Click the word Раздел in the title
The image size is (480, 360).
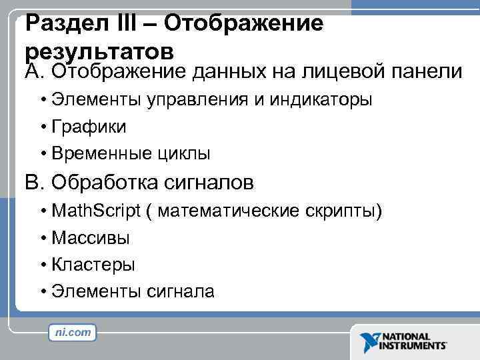pos(64,24)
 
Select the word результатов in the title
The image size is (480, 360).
pos(100,51)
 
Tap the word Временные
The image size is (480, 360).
pos(95,154)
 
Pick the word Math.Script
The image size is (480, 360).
pos(97,211)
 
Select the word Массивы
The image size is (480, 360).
pos(91,238)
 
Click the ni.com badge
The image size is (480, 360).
pos(73,331)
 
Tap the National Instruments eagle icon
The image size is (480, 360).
pos(368,341)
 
